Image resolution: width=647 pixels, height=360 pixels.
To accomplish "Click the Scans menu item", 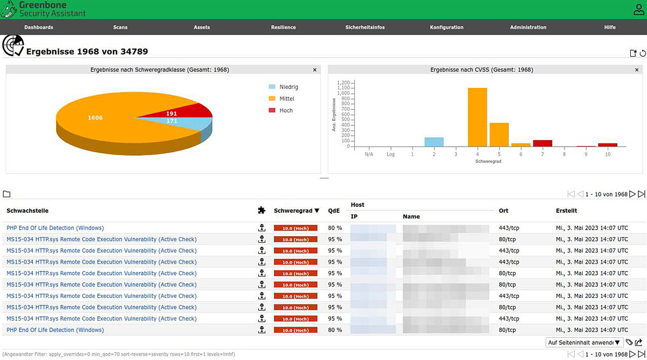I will pos(120,27).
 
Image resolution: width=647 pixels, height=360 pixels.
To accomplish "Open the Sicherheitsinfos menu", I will pos(365,27).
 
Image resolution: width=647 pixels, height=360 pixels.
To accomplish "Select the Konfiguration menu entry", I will pos(446,27).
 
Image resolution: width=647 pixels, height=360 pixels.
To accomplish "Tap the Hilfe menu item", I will pos(610,27).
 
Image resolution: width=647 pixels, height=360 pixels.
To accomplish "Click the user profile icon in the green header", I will pos(639,9).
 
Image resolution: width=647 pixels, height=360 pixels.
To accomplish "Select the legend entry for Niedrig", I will pos(288,87).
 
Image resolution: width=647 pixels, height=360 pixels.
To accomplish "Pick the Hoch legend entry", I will pos(286,110).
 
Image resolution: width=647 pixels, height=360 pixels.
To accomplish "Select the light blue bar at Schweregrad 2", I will pos(434,142).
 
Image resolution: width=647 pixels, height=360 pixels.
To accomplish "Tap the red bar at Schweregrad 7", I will pos(542,143).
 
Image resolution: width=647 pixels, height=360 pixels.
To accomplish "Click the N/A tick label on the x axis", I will pos(369,154).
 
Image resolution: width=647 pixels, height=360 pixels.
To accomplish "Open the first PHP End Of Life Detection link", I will pos(55,228).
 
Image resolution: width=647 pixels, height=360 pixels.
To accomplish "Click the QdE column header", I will pos(334,211).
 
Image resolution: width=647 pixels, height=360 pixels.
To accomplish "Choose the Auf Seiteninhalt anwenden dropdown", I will pos(584,342).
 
